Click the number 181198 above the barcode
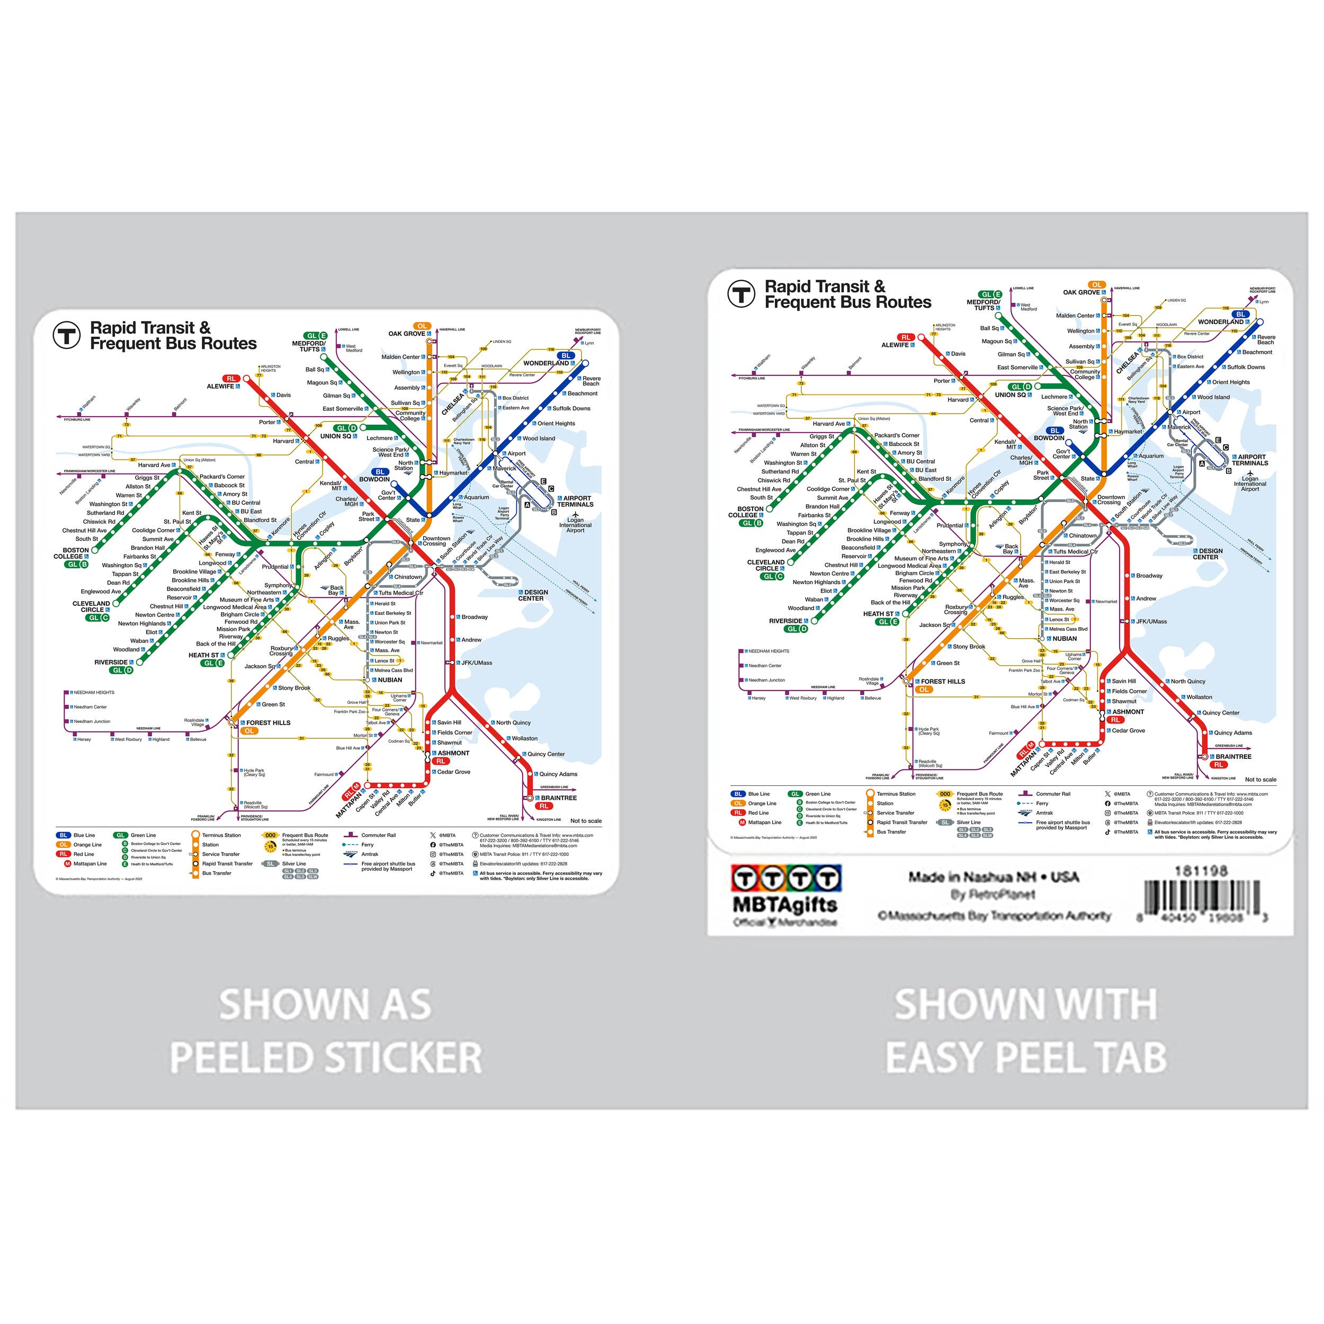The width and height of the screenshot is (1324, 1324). (1201, 871)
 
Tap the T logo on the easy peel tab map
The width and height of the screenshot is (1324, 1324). (741, 294)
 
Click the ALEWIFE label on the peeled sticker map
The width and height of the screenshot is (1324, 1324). (221, 387)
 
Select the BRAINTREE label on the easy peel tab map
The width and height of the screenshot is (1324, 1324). (1233, 757)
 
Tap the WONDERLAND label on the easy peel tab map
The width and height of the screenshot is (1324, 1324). (1221, 321)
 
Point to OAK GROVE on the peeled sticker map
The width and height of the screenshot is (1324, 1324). (407, 334)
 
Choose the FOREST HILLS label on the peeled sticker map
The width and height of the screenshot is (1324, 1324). (268, 722)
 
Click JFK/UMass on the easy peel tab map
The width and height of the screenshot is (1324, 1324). (1151, 622)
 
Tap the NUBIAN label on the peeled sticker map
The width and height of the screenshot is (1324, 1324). (390, 680)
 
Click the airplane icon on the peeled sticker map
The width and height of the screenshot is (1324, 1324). (576, 513)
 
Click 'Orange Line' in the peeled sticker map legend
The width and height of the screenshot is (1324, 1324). (88, 845)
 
